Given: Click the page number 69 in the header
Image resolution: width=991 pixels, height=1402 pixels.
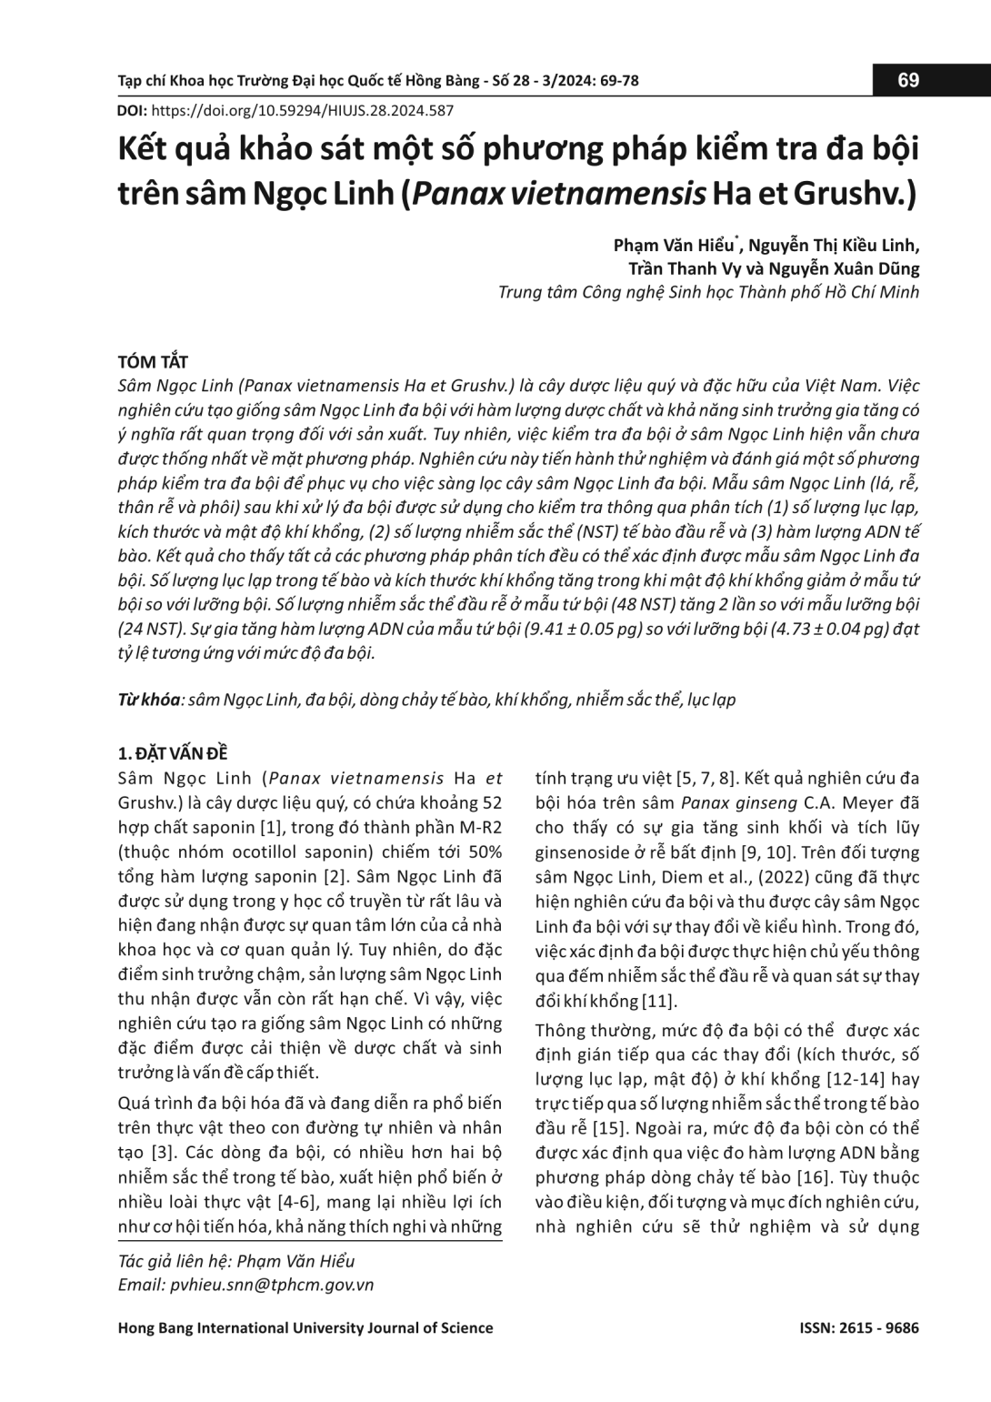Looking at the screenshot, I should coord(908,80).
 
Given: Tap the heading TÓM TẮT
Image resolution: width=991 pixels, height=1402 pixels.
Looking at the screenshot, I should coord(153,362).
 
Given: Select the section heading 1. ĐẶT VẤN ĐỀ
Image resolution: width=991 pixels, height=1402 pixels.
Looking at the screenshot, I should coord(173,753).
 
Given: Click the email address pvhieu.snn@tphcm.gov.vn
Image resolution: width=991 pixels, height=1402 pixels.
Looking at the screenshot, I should coord(272,1285).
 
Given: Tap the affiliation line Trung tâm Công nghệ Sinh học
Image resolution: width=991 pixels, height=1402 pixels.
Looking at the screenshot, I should coord(708,292).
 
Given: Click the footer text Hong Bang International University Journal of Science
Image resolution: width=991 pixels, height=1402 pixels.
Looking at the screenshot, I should coord(305,1327).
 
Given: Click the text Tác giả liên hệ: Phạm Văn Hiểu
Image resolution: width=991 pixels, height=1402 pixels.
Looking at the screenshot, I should coord(236,1261).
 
